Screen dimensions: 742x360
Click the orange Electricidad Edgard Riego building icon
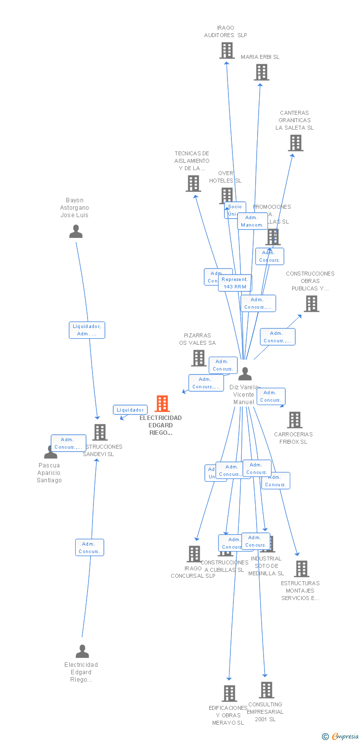[x=162, y=404]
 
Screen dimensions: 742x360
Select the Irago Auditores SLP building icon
[x=227, y=50]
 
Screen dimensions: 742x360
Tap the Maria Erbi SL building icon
[x=262, y=72]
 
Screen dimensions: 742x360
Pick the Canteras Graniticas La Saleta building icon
[x=296, y=143]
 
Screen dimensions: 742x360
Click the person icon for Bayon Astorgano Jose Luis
[x=76, y=232]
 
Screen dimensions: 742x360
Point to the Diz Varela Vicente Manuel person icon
[x=245, y=374]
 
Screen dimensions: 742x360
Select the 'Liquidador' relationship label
[x=131, y=410]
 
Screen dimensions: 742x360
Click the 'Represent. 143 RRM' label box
[x=235, y=283]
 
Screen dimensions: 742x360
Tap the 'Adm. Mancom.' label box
[x=252, y=221]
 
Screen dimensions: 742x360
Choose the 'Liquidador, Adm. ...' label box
[x=87, y=330]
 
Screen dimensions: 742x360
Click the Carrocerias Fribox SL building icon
[x=295, y=420]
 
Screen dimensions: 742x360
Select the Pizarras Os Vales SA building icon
[x=199, y=358]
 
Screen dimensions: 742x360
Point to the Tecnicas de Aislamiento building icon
[x=193, y=184]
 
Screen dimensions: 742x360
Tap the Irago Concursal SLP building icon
[x=194, y=554]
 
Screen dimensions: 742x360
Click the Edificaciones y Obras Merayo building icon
[x=229, y=694]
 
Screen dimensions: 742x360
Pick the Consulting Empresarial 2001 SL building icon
[x=267, y=690]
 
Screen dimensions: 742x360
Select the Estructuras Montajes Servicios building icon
[x=301, y=569]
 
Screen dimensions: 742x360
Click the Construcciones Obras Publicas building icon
[x=311, y=304]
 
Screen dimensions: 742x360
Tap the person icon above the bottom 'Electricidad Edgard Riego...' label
[x=82, y=651]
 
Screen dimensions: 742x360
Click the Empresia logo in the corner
[x=341, y=737]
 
